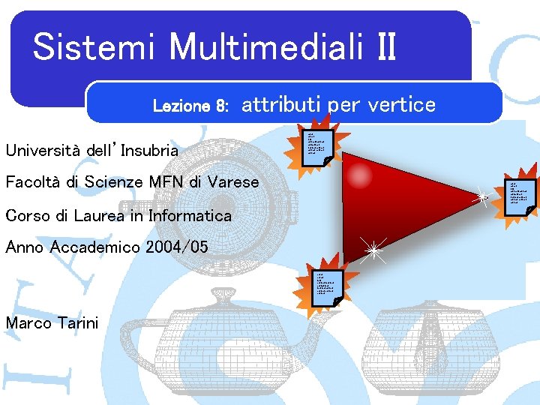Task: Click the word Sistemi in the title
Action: pos(94,46)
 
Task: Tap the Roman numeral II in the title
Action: pos(381,46)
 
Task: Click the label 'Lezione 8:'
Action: pos(190,106)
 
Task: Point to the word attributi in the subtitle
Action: pos(283,104)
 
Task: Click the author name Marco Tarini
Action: pos(52,323)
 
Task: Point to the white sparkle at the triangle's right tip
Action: pos(482,197)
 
